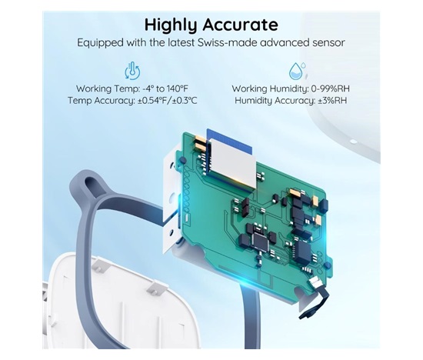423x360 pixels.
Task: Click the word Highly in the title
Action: [x=172, y=25]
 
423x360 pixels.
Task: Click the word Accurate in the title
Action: [x=241, y=25]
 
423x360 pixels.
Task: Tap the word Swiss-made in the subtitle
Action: [x=228, y=42]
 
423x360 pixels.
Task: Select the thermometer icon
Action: [x=132, y=71]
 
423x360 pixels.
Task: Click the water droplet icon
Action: [x=298, y=71]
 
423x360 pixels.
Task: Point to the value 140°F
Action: [x=177, y=88]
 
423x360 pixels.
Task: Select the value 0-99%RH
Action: [x=330, y=88]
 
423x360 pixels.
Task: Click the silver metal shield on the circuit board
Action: [x=232, y=163]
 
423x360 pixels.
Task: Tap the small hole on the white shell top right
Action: [x=353, y=142]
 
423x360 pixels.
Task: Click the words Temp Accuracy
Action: [x=102, y=101]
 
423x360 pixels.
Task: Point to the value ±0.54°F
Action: [x=152, y=101]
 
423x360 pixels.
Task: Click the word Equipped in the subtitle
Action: [x=101, y=43]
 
